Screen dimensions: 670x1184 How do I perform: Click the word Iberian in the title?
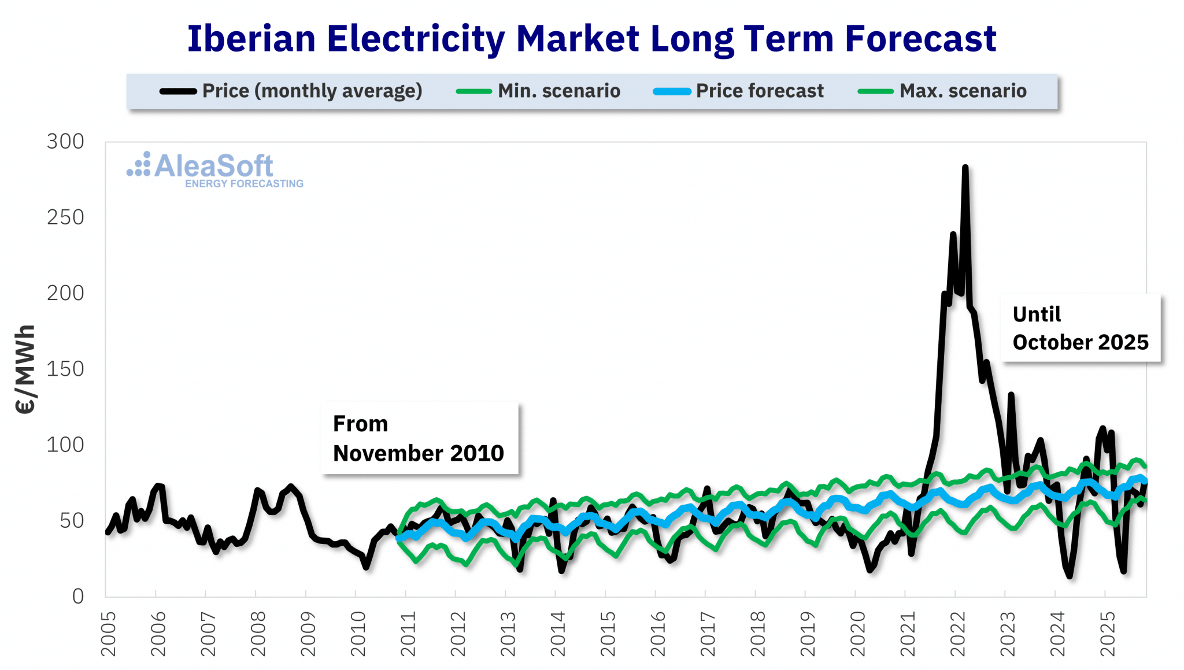(x=251, y=39)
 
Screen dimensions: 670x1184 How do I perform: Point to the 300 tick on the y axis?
(x=65, y=142)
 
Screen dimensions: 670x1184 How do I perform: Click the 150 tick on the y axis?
(x=65, y=369)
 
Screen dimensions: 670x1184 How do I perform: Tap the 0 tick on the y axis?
(x=78, y=597)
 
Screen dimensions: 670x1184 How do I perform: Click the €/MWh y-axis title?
(x=25, y=370)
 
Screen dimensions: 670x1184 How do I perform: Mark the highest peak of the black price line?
(x=965, y=168)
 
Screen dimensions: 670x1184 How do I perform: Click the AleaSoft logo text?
(x=213, y=166)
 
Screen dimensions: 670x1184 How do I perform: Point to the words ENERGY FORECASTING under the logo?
(x=244, y=184)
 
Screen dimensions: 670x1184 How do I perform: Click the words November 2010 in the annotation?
(x=418, y=453)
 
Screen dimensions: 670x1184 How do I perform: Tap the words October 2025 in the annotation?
(x=1080, y=342)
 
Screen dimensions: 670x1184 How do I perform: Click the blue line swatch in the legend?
(x=672, y=91)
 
